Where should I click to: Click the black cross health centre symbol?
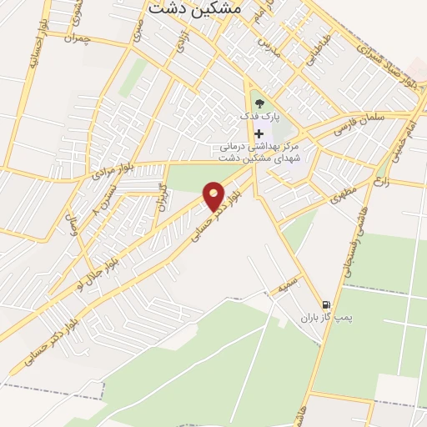[259, 133]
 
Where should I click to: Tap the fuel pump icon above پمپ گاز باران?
[325, 304]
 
